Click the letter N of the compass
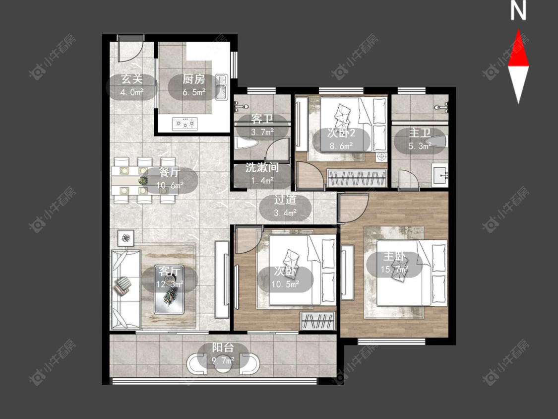pyautogui.click(x=518, y=11)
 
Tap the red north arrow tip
pyautogui.click(x=518, y=30)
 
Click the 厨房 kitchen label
pyautogui.click(x=193, y=79)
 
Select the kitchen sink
pyautogui.click(x=221, y=87)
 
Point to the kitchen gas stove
pyautogui.click(x=185, y=124)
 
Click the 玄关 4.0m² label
pyautogui.click(x=131, y=85)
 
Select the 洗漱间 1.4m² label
pyautogui.click(x=262, y=174)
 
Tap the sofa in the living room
pyautogui.click(x=125, y=289)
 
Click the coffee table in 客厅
pyautogui.click(x=170, y=289)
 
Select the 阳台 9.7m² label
pyautogui.click(x=223, y=353)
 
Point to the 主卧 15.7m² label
pyautogui.click(x=394, y=263)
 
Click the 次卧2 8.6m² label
pyautogui.click(x=341, y=139)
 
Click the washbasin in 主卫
pyautogui.click(x=440, y=175)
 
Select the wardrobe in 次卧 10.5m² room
pyautogui.click(x=318, y=321)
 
